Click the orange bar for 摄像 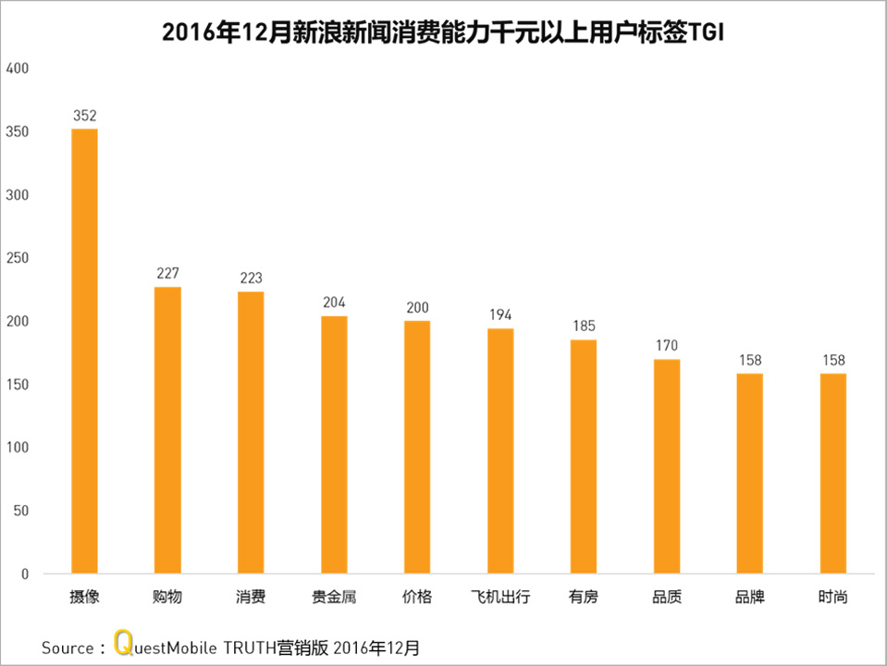(x=84, y=351)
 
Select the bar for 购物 (x=167, y=430)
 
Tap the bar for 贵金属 (x=334, y=445)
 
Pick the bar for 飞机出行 (x=500, y=451)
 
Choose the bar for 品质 (x=666, y=466)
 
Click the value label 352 (x=84, y=116)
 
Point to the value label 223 (x=251, y=278)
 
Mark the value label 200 (x=417, y=307)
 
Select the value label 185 (x=583, y=327)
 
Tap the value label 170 (x=666, y=346)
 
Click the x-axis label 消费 (x=251, y=598)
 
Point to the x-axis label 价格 (x=417, y=598)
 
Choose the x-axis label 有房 (x=583, y=598)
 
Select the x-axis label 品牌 (x=749, y=598)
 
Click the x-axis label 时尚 (x=832, y=598)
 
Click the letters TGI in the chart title (x=706, y=32)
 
